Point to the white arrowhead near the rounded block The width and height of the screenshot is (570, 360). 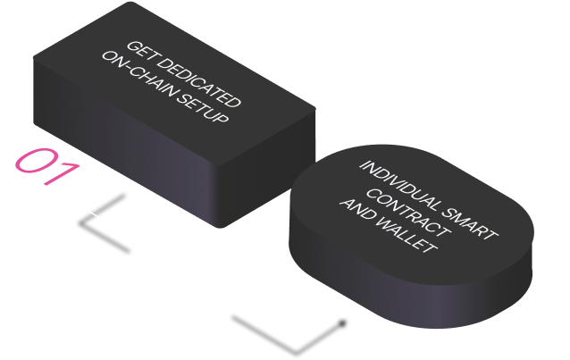343,306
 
